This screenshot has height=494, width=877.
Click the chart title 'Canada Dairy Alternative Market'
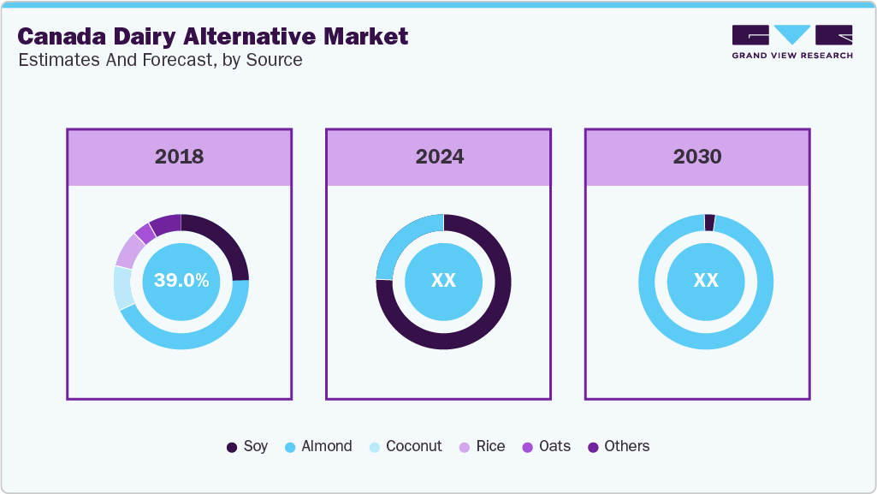212,36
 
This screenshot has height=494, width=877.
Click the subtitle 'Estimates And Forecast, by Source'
159,60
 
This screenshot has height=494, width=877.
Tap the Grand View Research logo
791,41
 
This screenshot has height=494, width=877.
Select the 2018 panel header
180,157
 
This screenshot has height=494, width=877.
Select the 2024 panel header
439,157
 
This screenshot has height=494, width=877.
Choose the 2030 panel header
697,157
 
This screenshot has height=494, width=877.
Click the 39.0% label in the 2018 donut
181,281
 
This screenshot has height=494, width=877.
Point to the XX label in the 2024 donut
443,281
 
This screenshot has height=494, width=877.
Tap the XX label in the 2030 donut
706,281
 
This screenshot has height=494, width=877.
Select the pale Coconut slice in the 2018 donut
123,288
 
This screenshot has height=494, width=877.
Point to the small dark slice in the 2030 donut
709,223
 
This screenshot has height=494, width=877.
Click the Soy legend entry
247,446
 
